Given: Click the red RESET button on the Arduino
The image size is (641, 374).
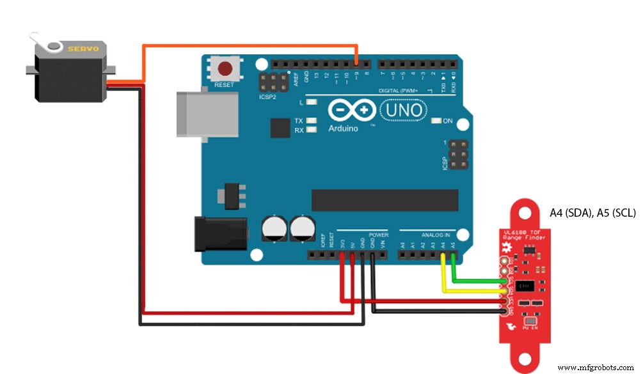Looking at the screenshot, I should point(225,69).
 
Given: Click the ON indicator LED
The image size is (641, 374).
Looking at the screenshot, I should point(437,121).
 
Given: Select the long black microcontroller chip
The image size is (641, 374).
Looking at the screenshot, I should point(384,200).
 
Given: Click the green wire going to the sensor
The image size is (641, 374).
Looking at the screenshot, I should point(473,279).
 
